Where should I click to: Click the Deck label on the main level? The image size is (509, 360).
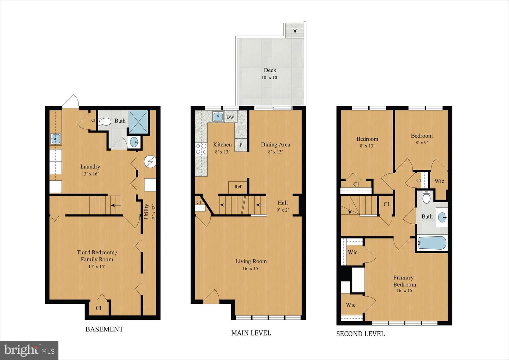click(x=270, y=70)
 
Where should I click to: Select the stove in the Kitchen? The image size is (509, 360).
click(x=201, y=149)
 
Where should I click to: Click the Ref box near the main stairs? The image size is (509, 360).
click(x=238, y=187)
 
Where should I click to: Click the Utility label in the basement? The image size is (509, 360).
click(x=146, y=211)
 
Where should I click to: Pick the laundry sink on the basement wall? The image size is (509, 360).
click(x=55, y=139)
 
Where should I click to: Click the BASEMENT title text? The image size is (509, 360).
click(x=104, y=329)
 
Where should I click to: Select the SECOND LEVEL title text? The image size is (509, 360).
click(x=360, y=334)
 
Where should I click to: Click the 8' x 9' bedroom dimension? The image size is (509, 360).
click(x=422, y=143)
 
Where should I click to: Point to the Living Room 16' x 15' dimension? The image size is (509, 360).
click(x=251, y=268)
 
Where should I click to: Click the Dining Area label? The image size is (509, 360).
click(x=275, y=145)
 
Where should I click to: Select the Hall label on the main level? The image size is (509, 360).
click(x=282, y=203)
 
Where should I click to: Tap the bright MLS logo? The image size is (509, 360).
click(x=29, y=350)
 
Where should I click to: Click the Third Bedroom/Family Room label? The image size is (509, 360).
click(x=97, y=256)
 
